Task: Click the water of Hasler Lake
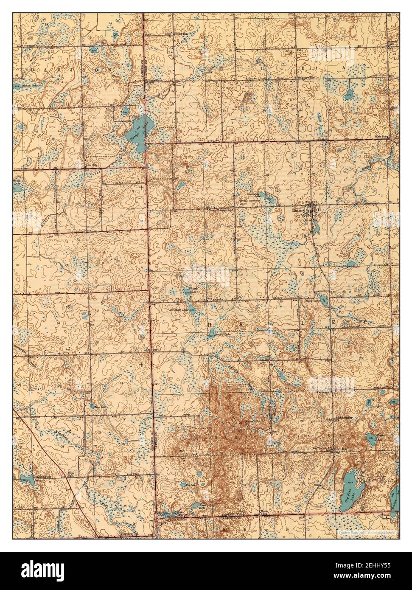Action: pyautogui.click(x=138, y=129)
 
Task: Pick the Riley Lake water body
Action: pyautogui.click(x=323, y=302)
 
